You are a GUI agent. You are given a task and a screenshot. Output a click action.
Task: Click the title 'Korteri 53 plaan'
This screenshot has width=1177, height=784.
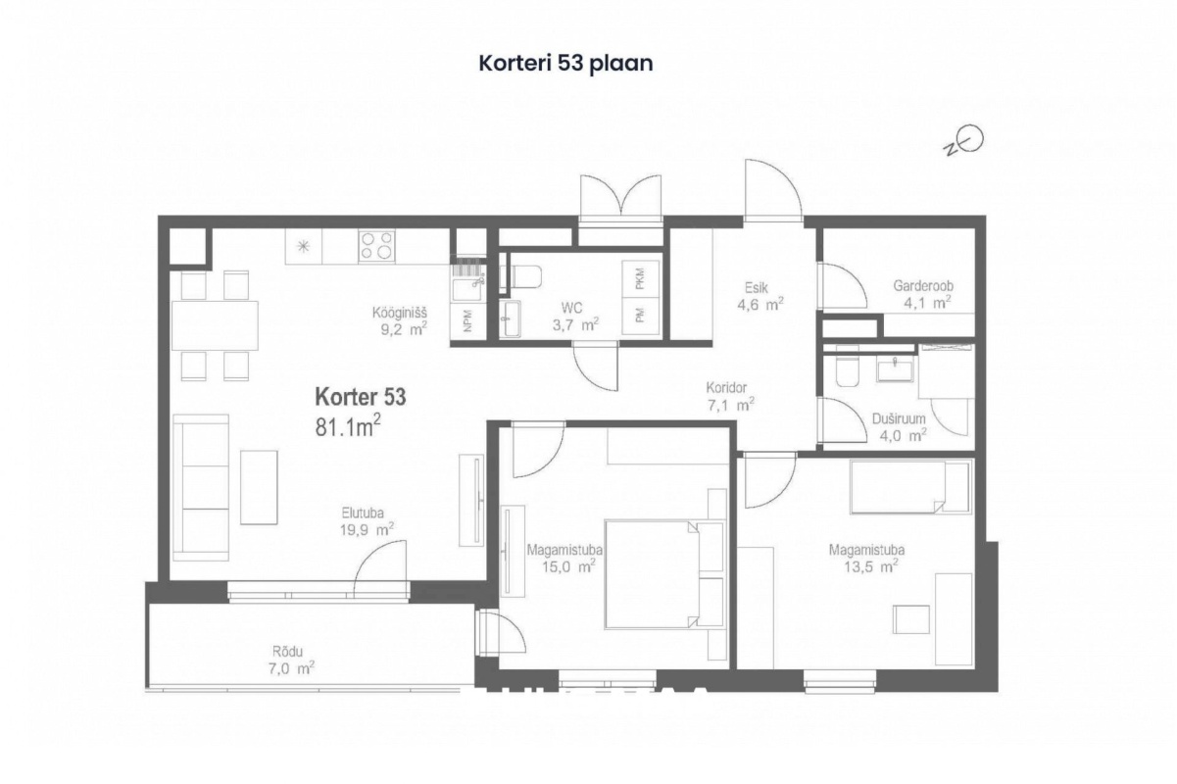[565, 64]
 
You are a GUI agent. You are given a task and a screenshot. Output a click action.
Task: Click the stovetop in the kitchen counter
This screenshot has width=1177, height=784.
[376, 246]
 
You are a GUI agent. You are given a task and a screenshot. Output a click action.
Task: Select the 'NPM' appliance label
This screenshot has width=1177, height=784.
[467, 320]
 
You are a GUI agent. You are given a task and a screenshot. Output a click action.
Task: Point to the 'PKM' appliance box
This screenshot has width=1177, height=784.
[640, 278]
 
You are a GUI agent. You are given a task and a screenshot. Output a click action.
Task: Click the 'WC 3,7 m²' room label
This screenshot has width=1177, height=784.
[575, 317]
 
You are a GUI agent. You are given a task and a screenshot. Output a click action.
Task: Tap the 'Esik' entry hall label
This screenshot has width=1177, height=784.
[757, 287]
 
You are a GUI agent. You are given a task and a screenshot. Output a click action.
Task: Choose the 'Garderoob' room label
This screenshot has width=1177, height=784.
[923, 285]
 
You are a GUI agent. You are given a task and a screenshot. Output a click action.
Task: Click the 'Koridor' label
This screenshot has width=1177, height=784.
[726, 387]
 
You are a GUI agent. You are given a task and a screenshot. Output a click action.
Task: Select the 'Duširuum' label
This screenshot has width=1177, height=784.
[899, 418]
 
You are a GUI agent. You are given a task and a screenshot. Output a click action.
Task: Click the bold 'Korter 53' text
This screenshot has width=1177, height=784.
[361, 397]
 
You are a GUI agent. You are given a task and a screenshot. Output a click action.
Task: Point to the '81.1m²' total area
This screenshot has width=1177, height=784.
[348, 425]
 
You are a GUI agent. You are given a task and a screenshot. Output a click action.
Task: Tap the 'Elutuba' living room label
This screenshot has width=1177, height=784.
[363, 513]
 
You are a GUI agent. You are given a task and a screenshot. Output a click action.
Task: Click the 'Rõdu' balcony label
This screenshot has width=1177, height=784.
[287, 652]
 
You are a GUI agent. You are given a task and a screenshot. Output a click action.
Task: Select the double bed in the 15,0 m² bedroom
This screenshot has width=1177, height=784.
[663, 574]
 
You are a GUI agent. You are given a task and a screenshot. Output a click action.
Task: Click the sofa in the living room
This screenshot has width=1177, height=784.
[201, 488]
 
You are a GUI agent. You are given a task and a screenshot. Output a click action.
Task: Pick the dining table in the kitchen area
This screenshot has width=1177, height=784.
[215, 325]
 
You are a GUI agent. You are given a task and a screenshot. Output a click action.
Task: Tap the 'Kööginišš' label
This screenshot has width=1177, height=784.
[399, 313]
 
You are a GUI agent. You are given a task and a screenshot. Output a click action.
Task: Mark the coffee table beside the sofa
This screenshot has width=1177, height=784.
[259, 487]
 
